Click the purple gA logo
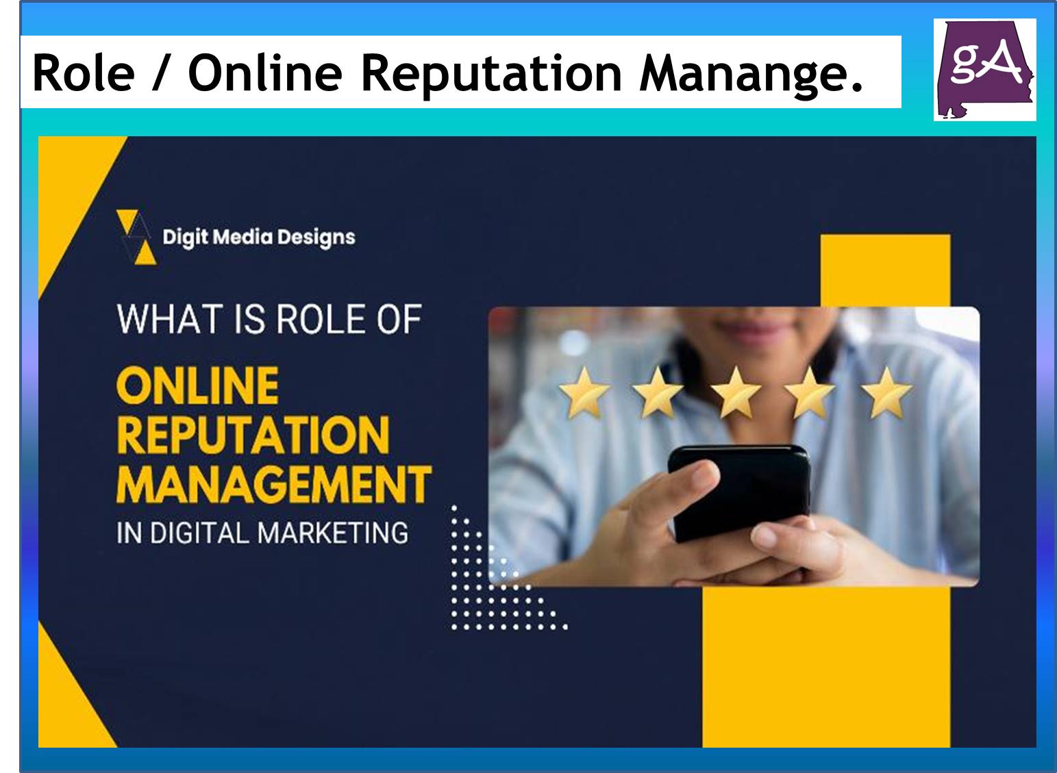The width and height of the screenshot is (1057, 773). (984, 70)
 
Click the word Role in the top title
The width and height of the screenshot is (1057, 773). (84, 73)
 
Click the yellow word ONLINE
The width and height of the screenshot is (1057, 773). (197, 385)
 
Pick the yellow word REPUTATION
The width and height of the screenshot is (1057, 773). (253, 435)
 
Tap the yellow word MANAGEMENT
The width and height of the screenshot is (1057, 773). (274, 483)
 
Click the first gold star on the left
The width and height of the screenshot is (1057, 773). (584, 393)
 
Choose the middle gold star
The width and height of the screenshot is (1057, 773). (735, 393)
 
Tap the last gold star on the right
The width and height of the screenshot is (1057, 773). (886, 393)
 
